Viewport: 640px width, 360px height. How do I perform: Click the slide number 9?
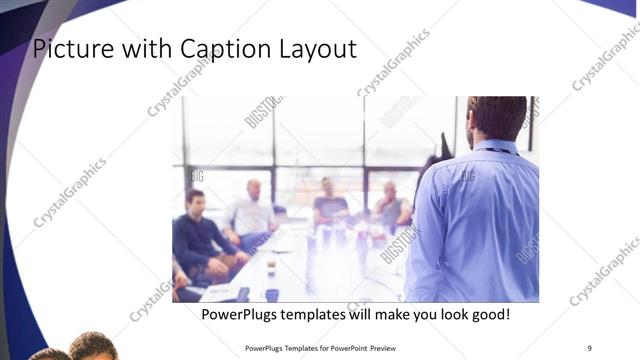(x=589, y=347)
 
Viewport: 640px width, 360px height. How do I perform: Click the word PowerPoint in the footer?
(x=346, y=348)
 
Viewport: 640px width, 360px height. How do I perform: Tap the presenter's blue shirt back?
(x=475, y=220)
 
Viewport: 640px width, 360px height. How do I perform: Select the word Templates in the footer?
(x=291, y=348)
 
